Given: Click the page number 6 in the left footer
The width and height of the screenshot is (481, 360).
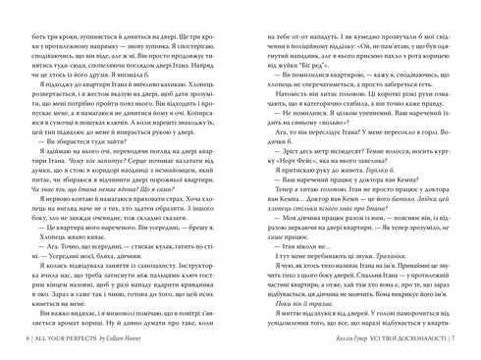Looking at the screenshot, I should click(x=20, y=337).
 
